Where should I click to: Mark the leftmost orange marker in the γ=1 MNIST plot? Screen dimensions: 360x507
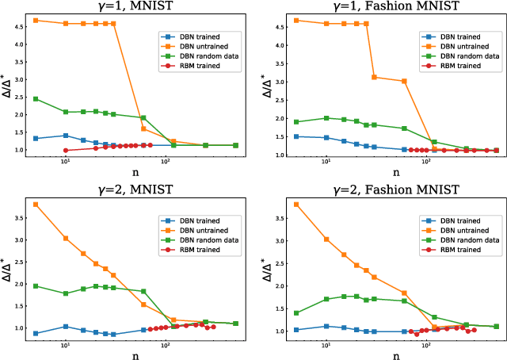(x=36, y=20)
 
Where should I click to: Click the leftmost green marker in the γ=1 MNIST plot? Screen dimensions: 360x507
(x=36, y=99)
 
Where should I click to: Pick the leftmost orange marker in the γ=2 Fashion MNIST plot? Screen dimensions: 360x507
(x=296, y=205)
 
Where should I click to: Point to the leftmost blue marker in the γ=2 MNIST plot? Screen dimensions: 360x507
(x=36, y=333)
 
